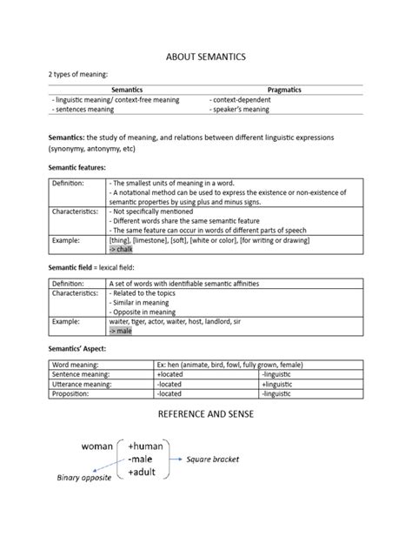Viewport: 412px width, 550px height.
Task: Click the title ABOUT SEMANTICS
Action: tap(206, 56)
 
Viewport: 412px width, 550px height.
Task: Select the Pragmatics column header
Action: tap(283, 90)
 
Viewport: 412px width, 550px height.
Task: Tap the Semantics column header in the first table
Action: tap(127, 90)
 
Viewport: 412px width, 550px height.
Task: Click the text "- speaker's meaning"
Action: tap(239, 111)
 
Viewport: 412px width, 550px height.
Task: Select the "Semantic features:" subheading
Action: tap(78, 166)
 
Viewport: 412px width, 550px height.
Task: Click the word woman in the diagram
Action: tap(97, 446)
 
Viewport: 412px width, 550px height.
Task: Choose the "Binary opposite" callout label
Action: tap(85, 478)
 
